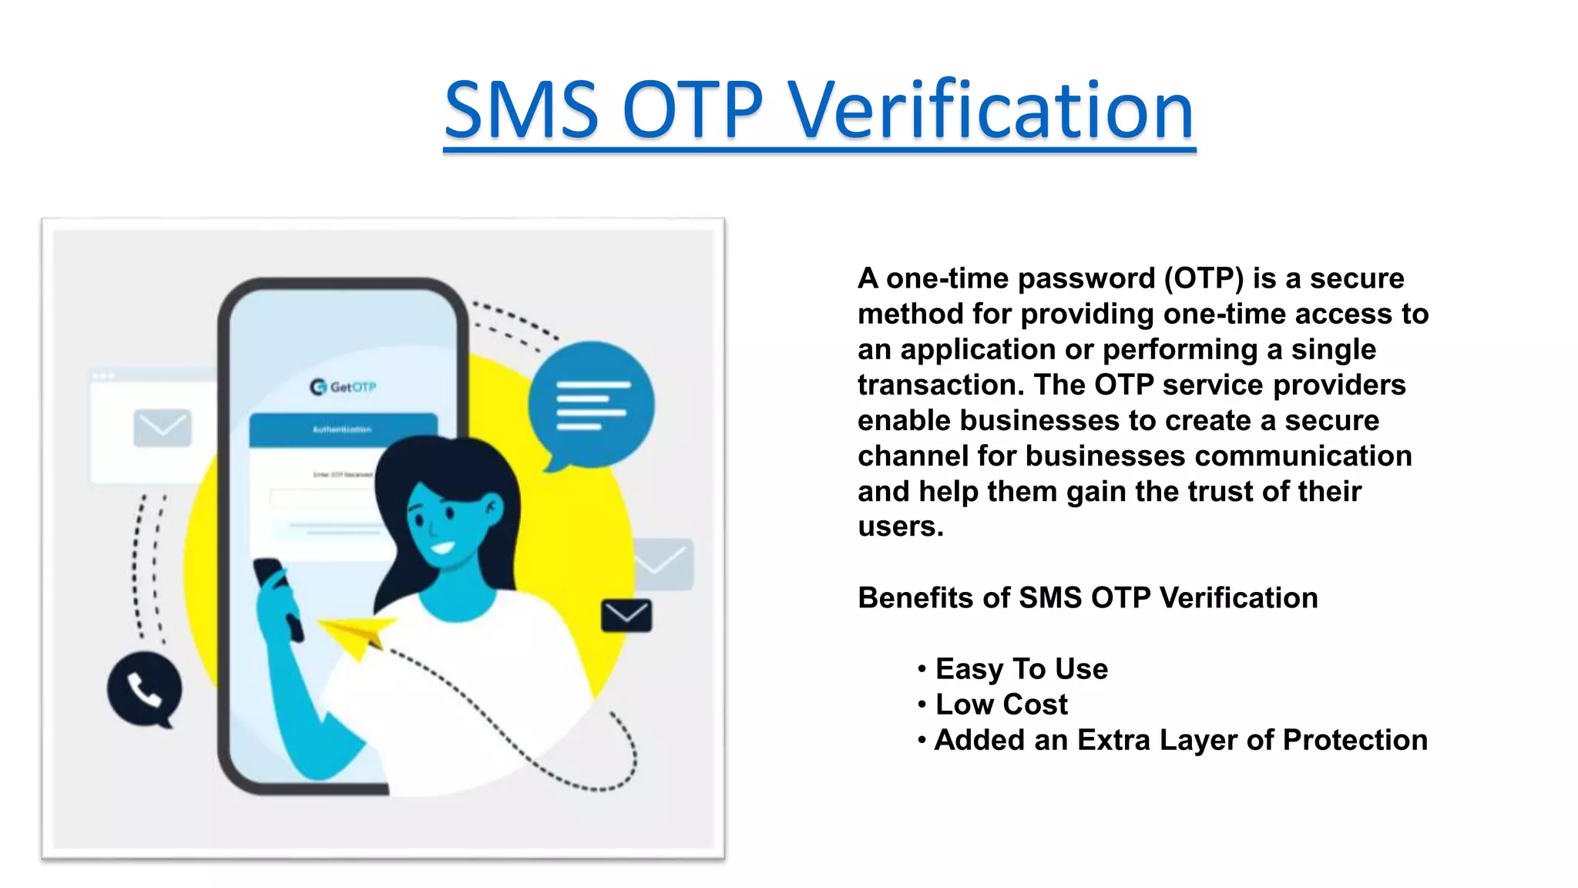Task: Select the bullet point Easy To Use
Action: tap(1021, 669)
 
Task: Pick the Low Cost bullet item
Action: tap(1001, 705)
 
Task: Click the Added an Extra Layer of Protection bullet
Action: tap(1180, 740)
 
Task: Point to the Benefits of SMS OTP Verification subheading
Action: tap(1087, 598)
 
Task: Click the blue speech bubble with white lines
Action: tap(592, 405)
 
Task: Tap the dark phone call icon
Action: tap(144, 689)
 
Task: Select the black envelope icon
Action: tap(626, 615)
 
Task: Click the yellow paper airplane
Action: tap(357, 634)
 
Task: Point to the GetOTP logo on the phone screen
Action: tap(343, 386)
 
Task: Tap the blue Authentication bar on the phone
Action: tap(343, 429)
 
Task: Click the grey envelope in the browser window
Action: tap(162, 428)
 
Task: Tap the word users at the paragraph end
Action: tap(899, 527)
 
